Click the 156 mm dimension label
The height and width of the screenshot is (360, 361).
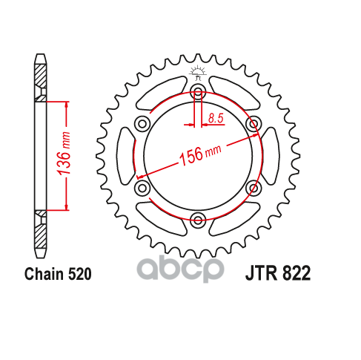[200, 154]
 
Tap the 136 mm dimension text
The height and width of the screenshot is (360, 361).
[64, 154]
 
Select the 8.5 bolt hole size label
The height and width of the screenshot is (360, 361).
[216, 118]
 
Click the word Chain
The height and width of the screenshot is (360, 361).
[44, 274]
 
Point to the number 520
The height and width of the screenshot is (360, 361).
[79, 274]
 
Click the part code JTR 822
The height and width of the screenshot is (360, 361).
[278, 273]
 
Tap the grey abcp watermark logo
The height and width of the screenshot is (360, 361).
[180, 269]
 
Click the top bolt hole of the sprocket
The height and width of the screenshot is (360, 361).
[198, 91]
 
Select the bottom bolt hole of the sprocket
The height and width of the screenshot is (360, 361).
[198, 220]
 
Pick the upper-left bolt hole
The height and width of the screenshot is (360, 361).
[142, 123]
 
